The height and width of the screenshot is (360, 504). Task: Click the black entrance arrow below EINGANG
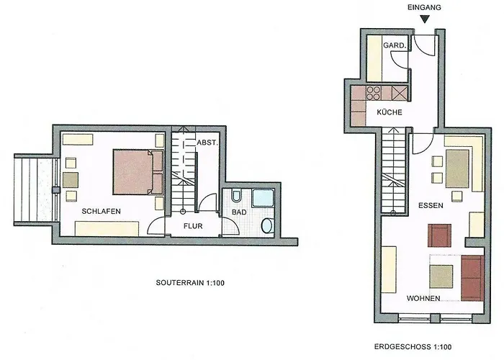425,19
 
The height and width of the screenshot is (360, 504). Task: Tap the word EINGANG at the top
424,7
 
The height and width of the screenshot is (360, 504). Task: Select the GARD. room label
395,45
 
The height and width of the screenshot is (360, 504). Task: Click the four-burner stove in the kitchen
374,93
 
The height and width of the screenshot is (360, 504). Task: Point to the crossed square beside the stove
400,94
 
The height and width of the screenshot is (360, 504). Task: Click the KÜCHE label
390,112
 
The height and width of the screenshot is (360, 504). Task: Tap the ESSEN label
431,205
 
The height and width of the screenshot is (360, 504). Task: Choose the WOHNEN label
423,298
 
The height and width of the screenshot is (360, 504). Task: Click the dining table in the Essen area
456,169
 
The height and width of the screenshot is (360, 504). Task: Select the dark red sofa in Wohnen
472,278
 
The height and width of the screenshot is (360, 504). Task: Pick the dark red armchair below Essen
439,235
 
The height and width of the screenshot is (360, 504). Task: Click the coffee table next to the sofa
441,276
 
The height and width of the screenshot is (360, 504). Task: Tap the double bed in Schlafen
138,172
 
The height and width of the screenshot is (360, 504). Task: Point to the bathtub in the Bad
263,198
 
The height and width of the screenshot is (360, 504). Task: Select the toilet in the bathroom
236,196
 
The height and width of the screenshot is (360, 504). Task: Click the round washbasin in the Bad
267,225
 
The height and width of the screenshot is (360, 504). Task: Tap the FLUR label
193,226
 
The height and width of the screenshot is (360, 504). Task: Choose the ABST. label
207,143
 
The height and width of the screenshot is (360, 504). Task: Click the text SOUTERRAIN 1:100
190,283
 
